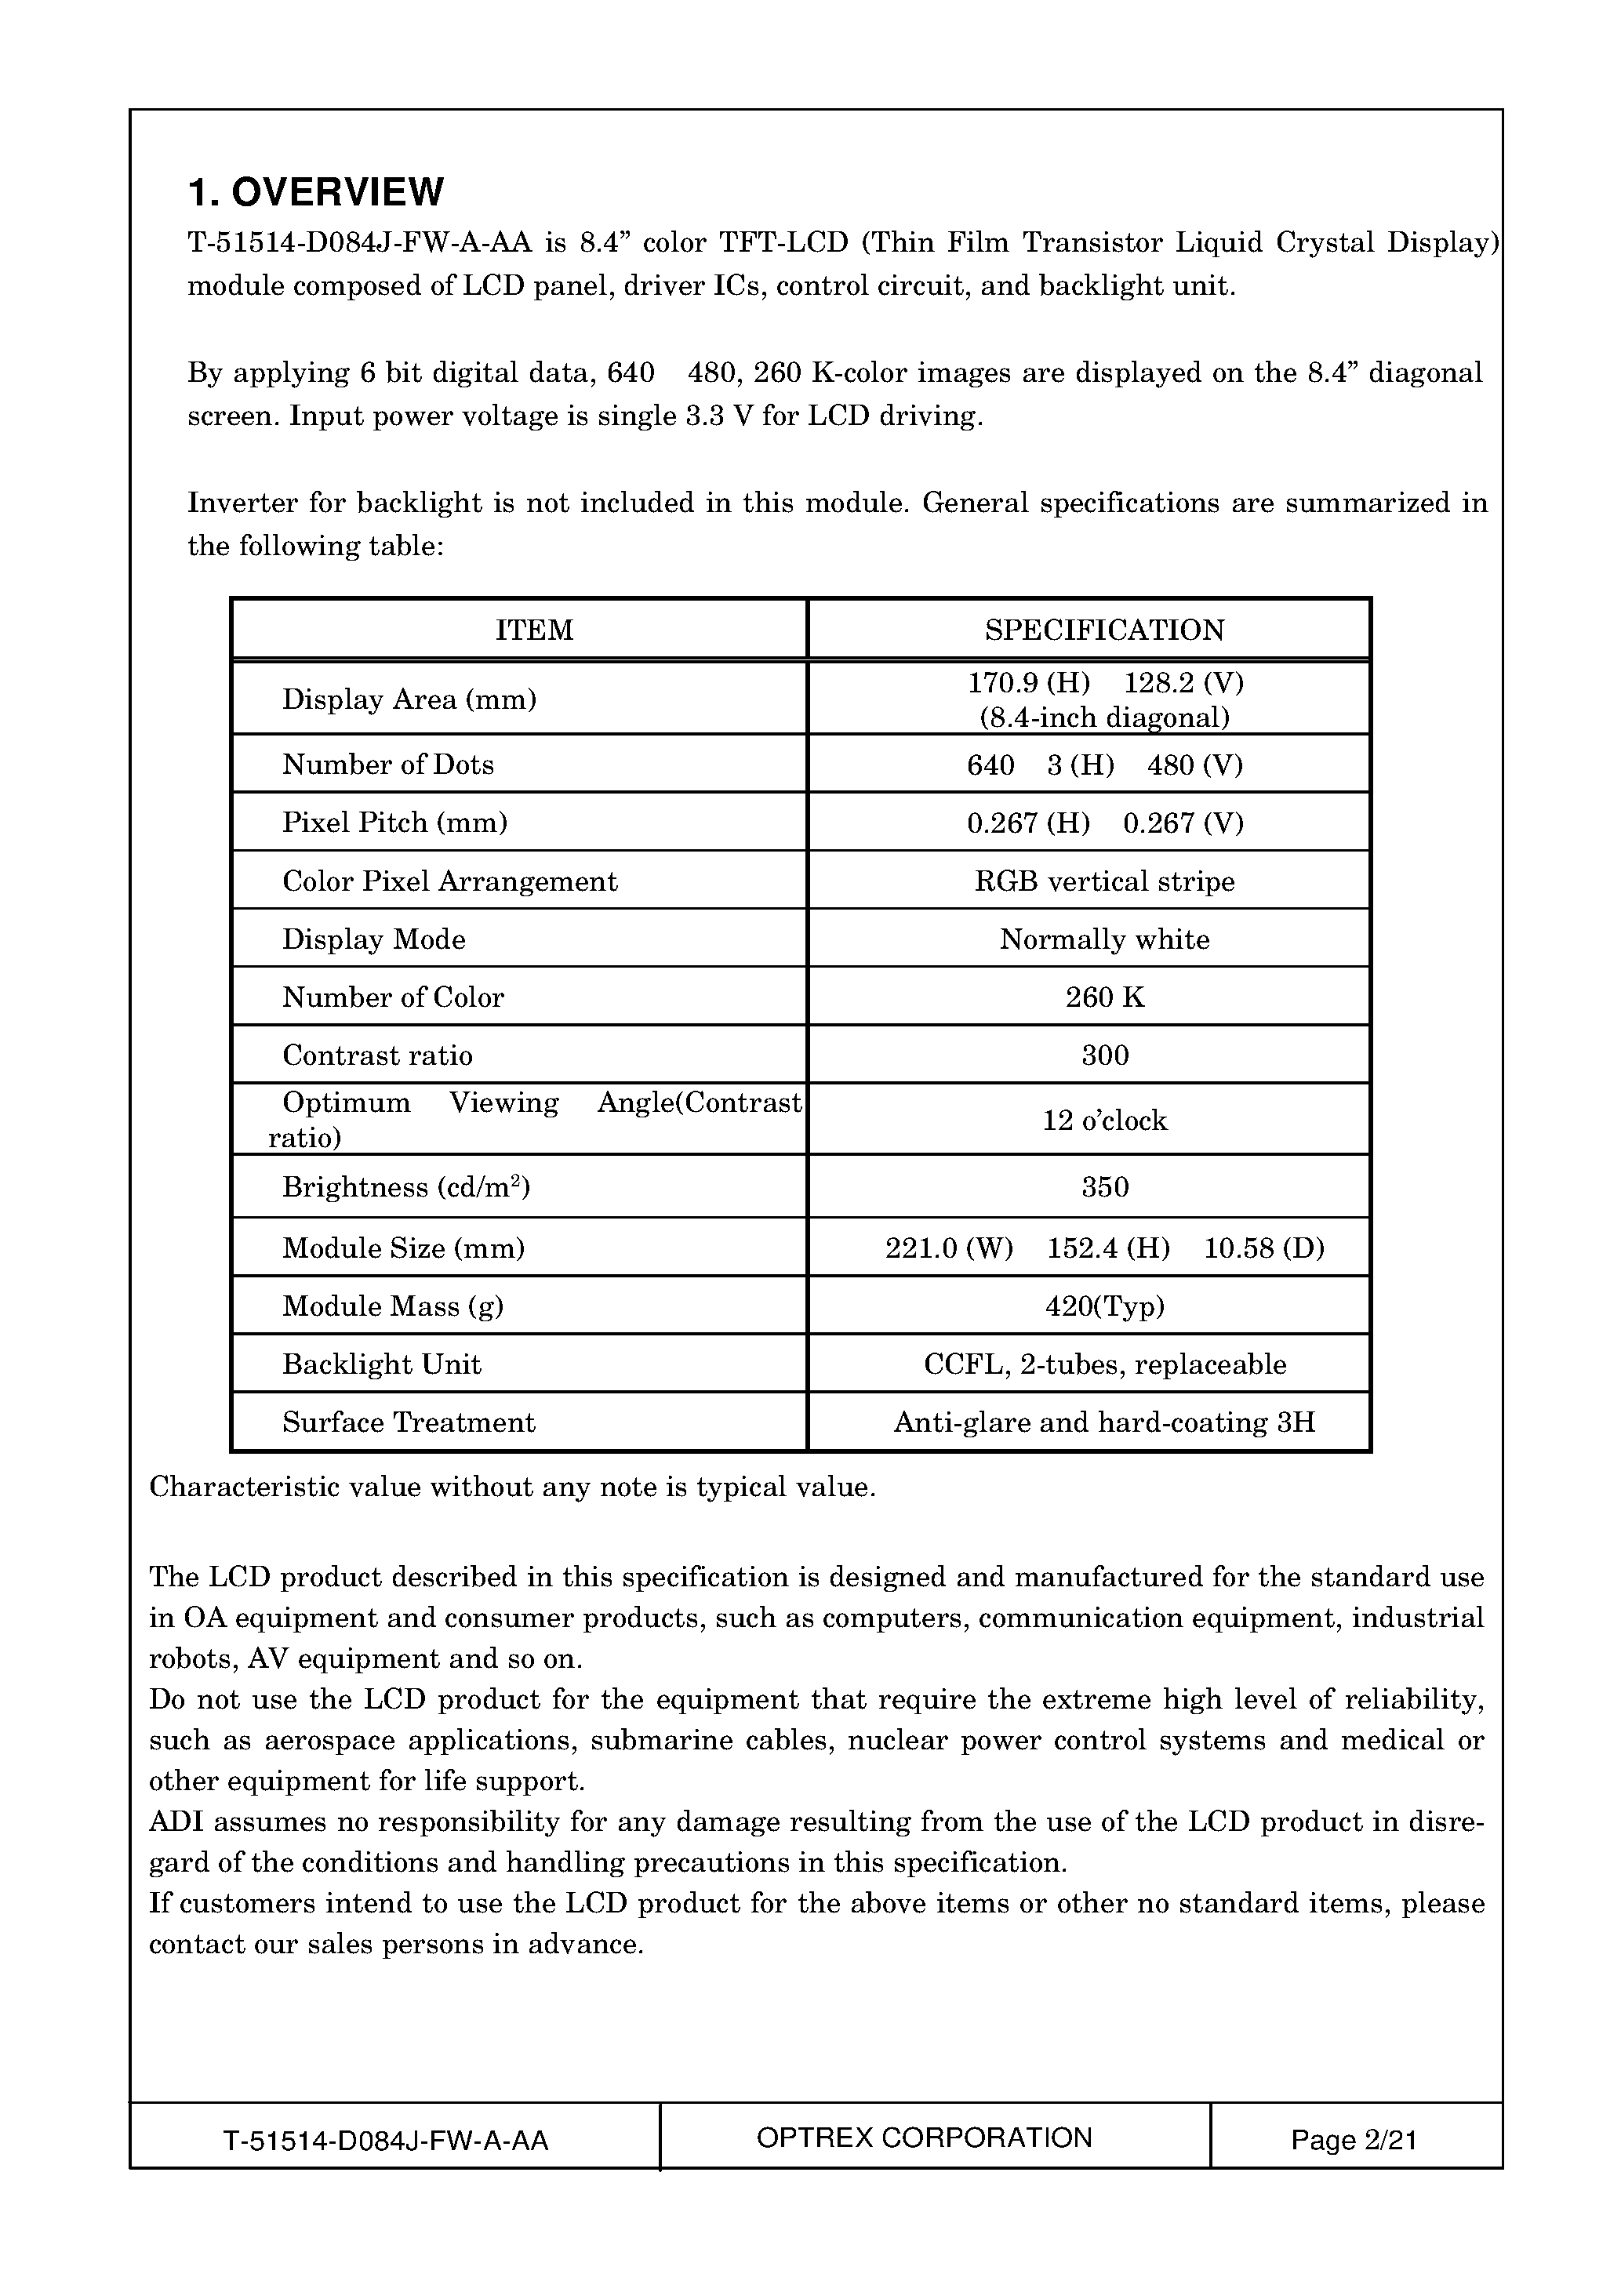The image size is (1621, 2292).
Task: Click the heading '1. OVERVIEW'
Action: pyautogui.click(x=315, y=191)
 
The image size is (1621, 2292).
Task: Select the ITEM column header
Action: pyautogui.click(x=534, y=630)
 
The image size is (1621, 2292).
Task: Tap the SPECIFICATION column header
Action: pyautogui.click(x=1104, y=630)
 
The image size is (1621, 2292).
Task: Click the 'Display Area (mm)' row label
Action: pyautogui.click(x=409, y=699)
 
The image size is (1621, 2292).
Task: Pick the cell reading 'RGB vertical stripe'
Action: pyautogui.click(x=1104, y=881)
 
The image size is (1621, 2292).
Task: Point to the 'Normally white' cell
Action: pyautogui.click(x=1104, y=939)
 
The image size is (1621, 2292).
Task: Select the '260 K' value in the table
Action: pyautogui.click(x=1104, y=997)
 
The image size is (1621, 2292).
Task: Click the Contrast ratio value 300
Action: pyautogui.click(x=1104, y=1055)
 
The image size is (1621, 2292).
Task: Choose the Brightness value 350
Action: pyautogui.click(x=1104, y=1187)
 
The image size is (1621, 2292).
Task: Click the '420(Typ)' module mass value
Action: pyautogui.click(x=1104, y=1306)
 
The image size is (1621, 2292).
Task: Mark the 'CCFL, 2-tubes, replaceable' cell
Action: pyautogui.click(x=1104, y=1364)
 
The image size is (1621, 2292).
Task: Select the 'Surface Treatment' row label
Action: pyautogui.click(x=409, y=1422)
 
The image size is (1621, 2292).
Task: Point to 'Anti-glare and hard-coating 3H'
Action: pyautogui.click(x=1104, y=1422)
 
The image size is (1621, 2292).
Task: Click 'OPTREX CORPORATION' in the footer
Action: pyautogui.click(x=925, y=2138)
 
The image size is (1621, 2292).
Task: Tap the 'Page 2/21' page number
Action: pyautogui.click(x=1354, y=2140)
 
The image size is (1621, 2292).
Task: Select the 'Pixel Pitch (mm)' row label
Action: pyautogui.click(x=394, y=823)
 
